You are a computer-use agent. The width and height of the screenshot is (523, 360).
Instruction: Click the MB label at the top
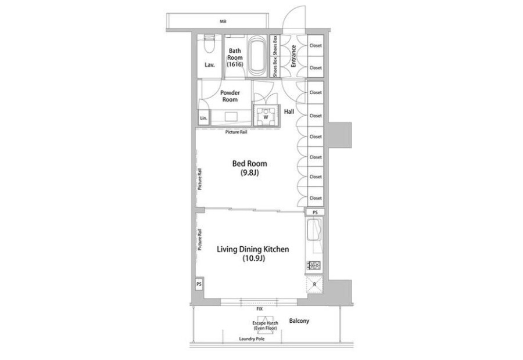tap(223, 21)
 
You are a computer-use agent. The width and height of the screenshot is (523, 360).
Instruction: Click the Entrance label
tap(293, 56)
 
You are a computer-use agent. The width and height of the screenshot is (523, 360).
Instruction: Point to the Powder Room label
tap(230, 96)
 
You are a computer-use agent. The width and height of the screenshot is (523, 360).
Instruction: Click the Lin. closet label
tap(203, 118)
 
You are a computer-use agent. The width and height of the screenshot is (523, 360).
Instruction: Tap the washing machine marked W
tap(266, 116)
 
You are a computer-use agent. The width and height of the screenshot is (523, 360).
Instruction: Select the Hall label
tap(289, 111)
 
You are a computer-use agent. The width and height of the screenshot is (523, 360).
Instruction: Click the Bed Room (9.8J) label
tap(249, 168)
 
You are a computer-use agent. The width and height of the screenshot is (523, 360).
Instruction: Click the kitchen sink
tap(314, 230)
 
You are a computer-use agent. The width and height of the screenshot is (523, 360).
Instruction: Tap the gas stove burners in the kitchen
tap(314, 265)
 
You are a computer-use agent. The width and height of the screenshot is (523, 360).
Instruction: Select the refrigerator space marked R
tap(314, 285)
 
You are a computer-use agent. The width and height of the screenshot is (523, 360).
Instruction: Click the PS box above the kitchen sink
tap(315, 213)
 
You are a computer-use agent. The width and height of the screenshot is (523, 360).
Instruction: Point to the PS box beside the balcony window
tap(199, 285)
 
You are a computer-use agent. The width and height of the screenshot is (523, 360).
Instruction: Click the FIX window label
tap(260, 309)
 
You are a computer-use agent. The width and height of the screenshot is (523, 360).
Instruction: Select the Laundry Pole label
tap(252, 339)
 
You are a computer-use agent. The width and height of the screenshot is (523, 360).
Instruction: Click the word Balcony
tap(299, 321)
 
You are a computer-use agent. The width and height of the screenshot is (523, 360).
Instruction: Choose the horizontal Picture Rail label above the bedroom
tap(236, 132)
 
